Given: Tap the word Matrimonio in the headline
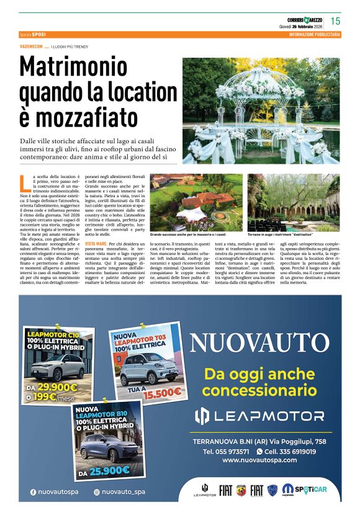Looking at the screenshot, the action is (78, 68).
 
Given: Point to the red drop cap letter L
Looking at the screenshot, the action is (23, 182).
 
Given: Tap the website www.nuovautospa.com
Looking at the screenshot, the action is (259, 460).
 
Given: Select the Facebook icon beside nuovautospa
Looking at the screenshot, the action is (33, 492).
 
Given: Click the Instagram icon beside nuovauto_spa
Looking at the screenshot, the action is (97, 492).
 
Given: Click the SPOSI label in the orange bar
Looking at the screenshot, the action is (39, 34).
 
